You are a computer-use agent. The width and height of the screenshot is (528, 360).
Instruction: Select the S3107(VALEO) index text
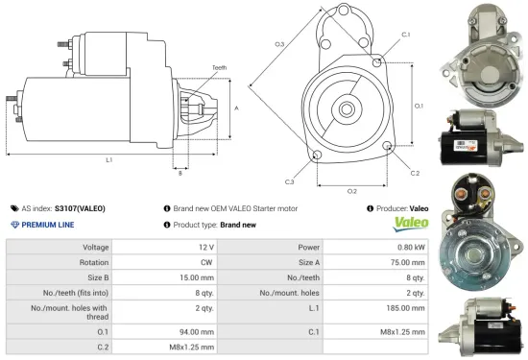pyautogui.click(x=80, y=207)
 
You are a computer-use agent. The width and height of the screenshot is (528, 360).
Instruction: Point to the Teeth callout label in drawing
pyautogui.click(x=219, y=67)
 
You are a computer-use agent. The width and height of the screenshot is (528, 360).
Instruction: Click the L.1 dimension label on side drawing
pyautogui.click(x=108, y=159)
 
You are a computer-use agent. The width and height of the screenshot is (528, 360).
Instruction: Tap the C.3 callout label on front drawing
pyautogui.click(x=289, y=180)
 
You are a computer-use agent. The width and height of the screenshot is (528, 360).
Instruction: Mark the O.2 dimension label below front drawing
pyautogui.click(x=351, y=190)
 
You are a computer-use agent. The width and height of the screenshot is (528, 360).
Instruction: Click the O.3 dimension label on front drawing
pyautogui.click(x=279, y=44)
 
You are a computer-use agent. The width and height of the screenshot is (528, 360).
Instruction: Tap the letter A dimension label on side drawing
pyautogui.click(x=236, y=108)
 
